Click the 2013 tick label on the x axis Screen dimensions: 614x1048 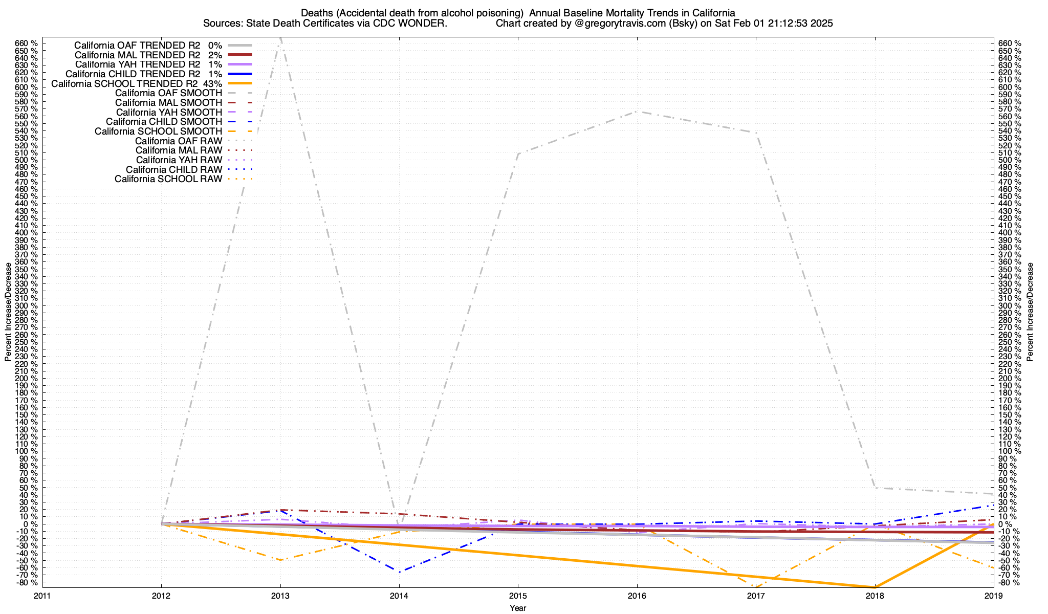280,595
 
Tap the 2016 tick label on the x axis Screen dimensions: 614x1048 637,595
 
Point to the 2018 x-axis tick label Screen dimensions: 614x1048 875,595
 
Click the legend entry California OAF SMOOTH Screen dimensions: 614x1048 168,93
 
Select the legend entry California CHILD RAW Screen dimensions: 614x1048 174,169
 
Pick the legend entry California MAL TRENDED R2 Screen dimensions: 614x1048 137,55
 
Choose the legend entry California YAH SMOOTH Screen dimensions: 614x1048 169,112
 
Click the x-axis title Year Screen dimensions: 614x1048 518,608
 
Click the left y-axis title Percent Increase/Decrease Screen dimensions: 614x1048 8,312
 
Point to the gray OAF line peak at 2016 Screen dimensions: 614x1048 637,111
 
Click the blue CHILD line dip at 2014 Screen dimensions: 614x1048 399,571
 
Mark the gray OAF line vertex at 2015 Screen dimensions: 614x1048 518,153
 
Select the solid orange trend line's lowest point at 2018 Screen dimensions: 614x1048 875,587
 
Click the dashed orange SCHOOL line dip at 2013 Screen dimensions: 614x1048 280,560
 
